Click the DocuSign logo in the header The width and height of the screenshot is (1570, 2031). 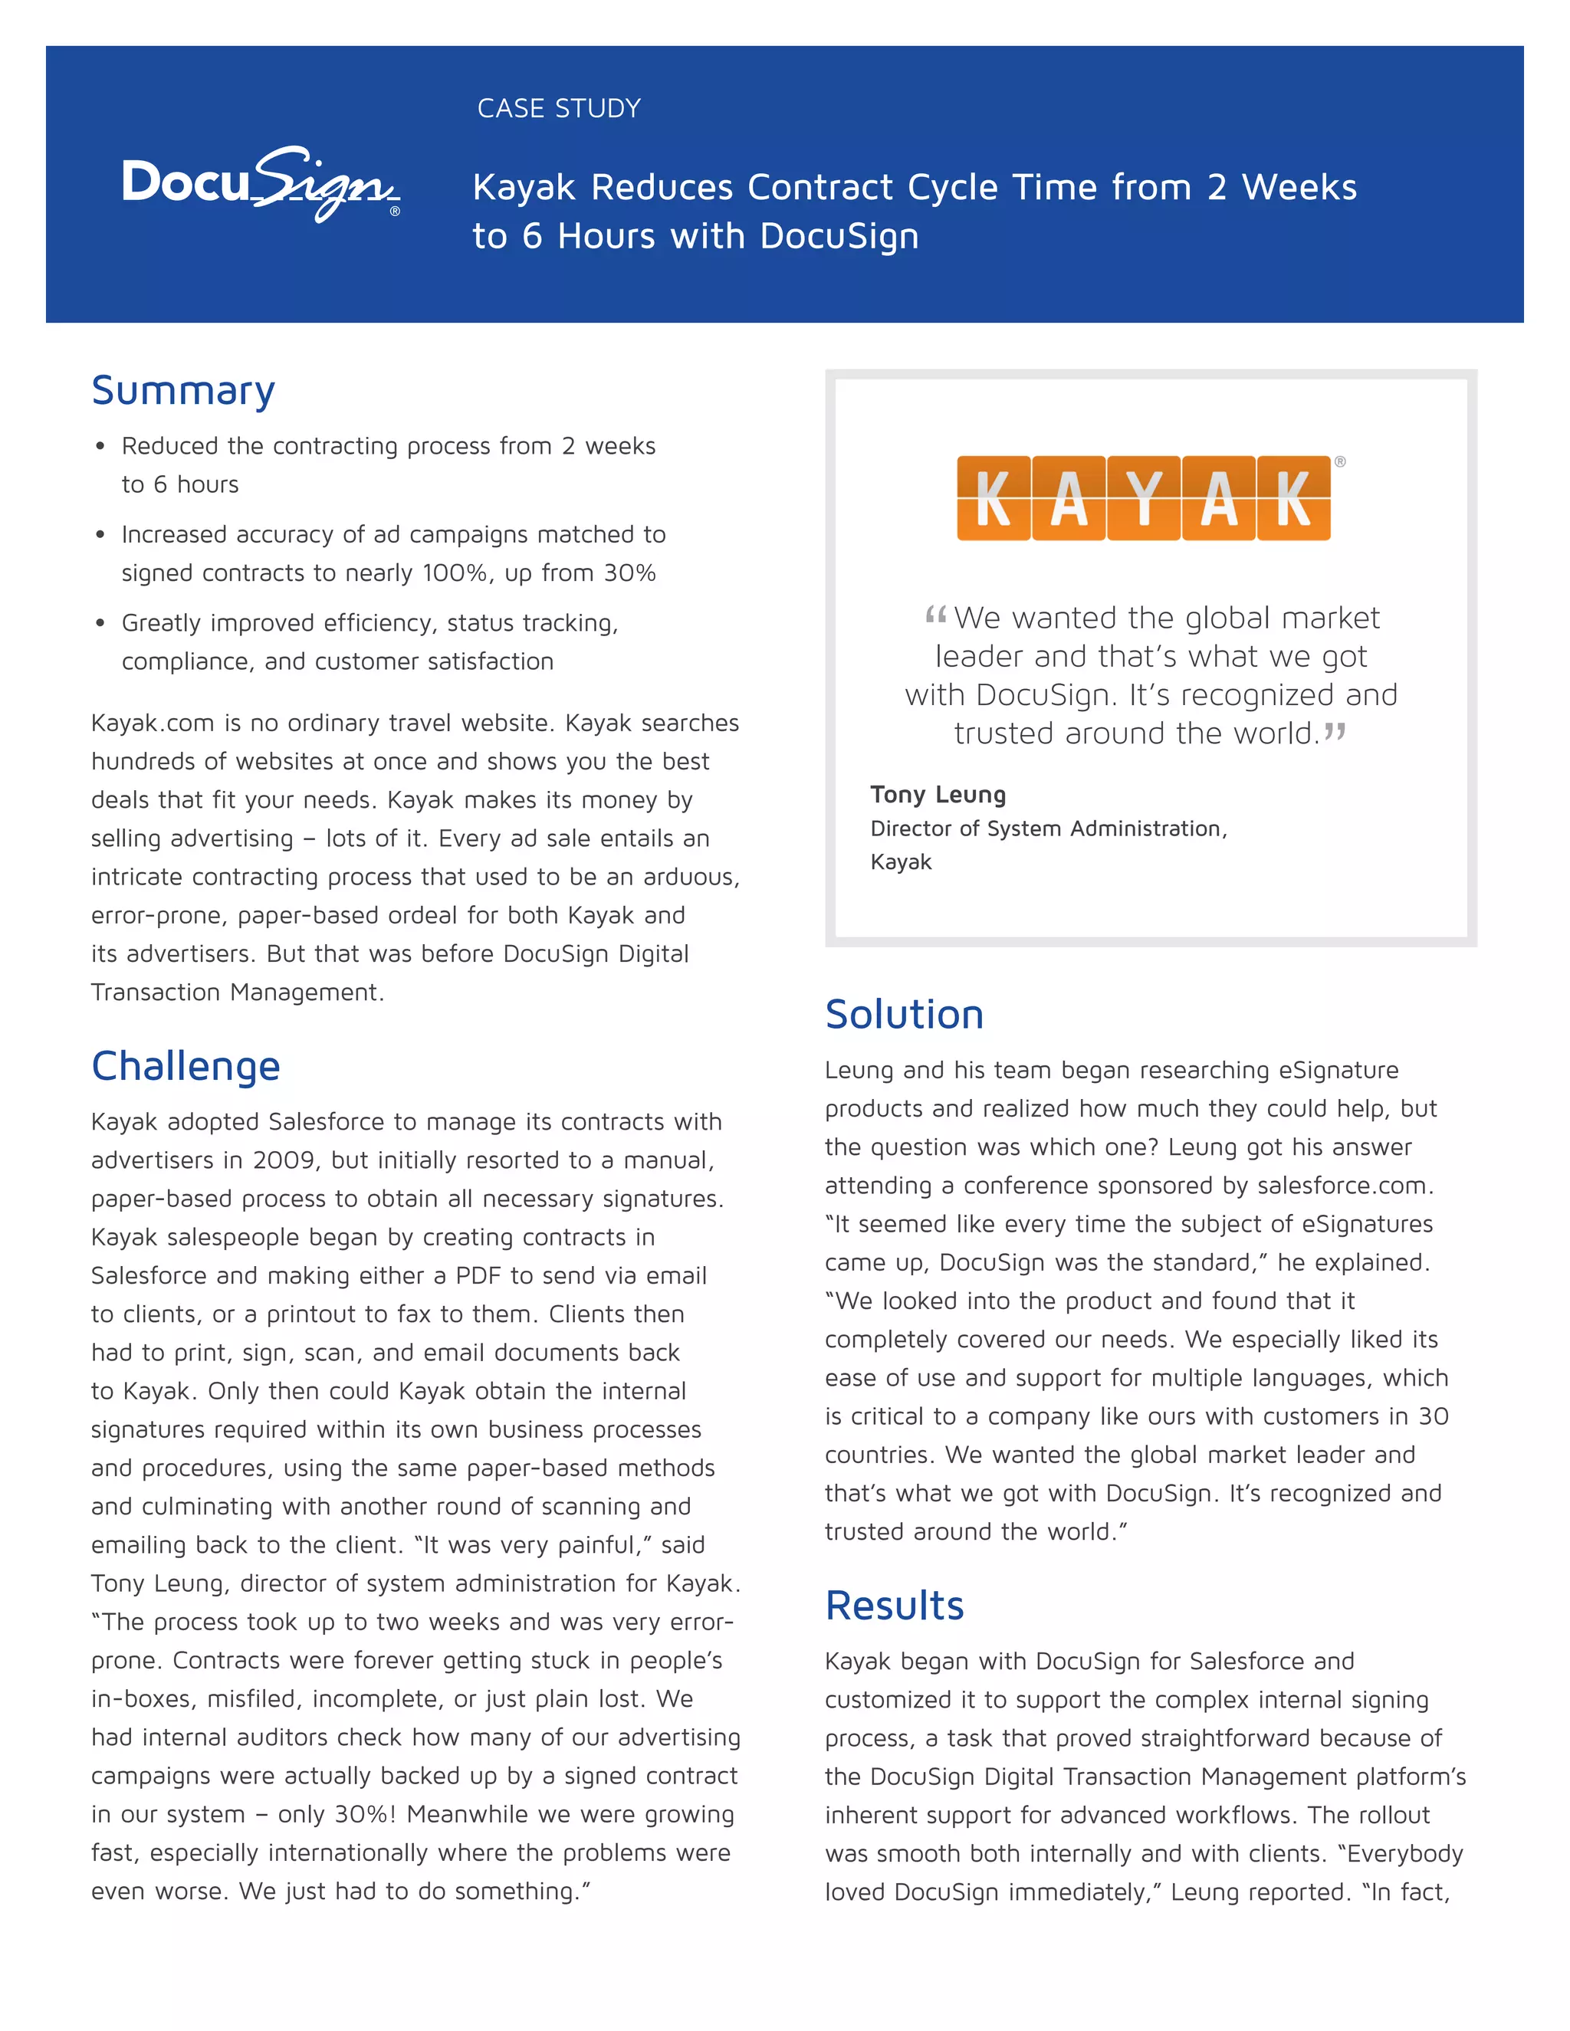coord(261,183)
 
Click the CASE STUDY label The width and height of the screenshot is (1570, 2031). coord(559,109)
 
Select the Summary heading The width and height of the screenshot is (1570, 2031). coord(183,391)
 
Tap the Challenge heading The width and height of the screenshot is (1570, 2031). coord(186,1066)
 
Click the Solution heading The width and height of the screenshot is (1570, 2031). coord(904,1015)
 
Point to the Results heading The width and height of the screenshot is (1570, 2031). coord(895,1606)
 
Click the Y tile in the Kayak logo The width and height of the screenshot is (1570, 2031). coord(1144,498)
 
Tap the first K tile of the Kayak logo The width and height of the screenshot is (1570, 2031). coord(994,498)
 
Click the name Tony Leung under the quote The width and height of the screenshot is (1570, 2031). coord(938,795)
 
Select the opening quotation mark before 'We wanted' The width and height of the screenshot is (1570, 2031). coord(936,615)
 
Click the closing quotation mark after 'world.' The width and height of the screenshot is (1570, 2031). coord(1335,732)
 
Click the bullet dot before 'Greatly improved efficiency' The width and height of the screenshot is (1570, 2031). coord(100,623)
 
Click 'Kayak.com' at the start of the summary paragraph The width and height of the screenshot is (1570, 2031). coord(153,723)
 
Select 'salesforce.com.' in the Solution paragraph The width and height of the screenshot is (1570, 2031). coord(1345,1186)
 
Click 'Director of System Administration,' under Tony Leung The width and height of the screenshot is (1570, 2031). coord(1048,828)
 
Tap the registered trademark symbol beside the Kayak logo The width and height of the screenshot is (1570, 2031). coord(1340,461)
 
